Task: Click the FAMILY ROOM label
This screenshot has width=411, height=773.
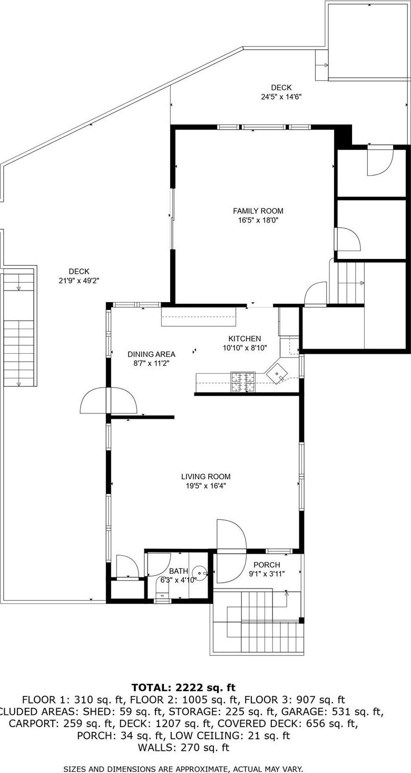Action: (x=258, y=211)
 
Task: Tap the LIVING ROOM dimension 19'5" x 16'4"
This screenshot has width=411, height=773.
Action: (x=205, y=486)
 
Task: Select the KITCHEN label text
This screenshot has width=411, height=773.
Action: (x=244, y=339)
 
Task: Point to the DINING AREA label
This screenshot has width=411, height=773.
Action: (x=151, y=354)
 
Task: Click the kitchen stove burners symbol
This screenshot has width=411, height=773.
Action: (x=243, y=382)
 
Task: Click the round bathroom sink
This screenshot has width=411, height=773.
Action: (x=200, y=572)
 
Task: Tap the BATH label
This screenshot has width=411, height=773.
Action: (x=179, y=571)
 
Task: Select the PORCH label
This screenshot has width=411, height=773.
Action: (x=267, y=565)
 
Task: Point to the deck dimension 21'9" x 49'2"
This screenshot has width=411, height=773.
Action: (x=79, y=281)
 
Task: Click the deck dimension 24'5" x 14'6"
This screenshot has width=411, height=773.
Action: (x=281, y=96)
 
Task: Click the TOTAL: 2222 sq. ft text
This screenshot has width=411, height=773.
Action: (x=183, y=688)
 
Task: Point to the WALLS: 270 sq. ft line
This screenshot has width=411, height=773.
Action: (x=183, y=748)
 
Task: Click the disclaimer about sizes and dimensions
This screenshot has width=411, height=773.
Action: (x=183, y=769)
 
